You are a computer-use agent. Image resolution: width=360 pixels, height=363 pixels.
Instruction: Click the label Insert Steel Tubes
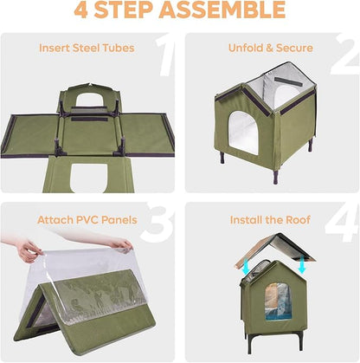pos(87,48)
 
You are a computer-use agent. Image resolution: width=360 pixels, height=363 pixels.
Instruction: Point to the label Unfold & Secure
pos(271,48)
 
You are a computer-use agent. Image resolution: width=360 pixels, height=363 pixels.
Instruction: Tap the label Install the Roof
pos(271,220)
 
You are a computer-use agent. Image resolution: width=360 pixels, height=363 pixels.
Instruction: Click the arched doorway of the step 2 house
pos(245,131)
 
